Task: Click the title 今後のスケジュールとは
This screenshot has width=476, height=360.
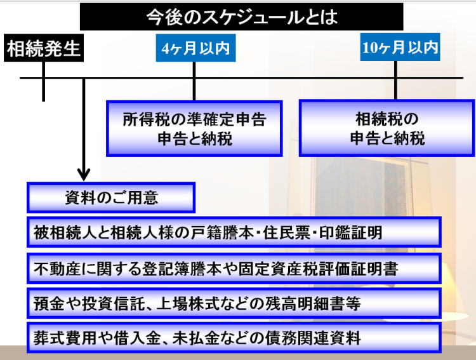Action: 241,17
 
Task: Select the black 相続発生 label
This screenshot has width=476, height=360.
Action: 44,49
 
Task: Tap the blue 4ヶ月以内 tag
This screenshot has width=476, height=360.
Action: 195,49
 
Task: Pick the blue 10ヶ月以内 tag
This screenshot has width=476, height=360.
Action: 400,48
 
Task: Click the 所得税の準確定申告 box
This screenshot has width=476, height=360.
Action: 194,128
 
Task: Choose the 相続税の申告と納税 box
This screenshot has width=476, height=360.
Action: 387,128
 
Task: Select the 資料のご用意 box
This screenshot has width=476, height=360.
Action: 111,197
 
